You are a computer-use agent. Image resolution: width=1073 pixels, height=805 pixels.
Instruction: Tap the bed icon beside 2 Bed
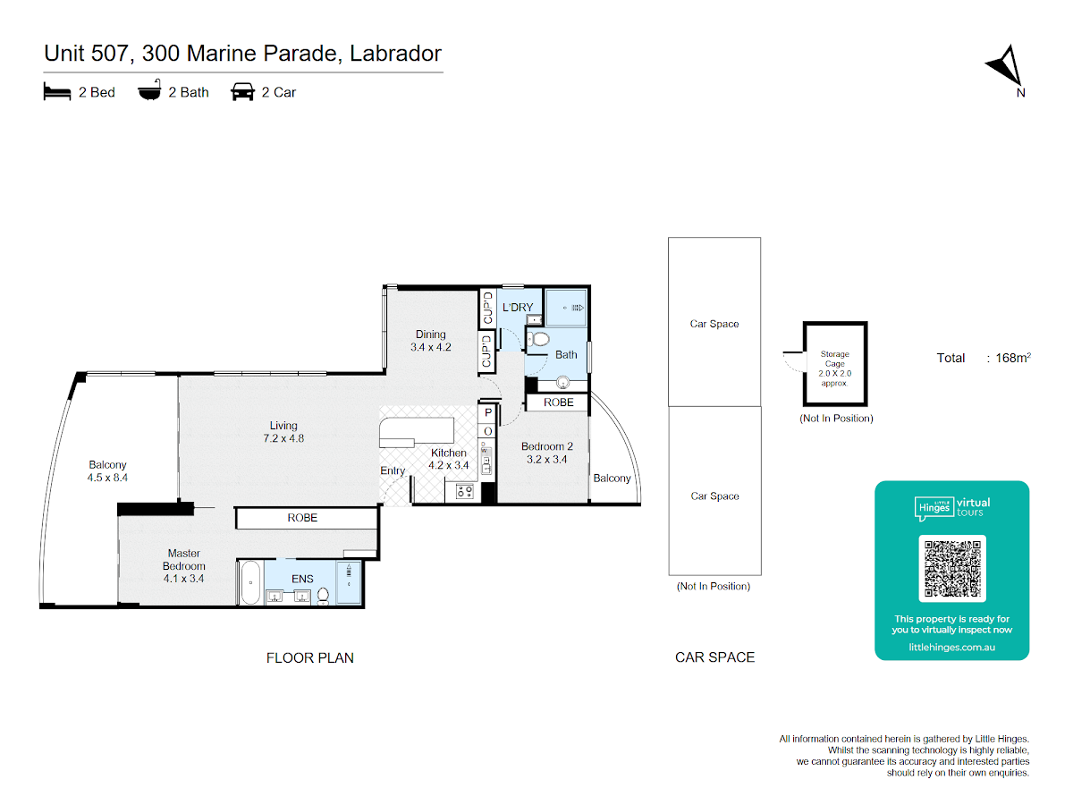coord(56,91)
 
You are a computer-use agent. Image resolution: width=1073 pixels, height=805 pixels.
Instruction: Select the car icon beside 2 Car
coord(242,91)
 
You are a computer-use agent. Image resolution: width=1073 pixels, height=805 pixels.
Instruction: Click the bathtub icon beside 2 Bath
coord(149,90)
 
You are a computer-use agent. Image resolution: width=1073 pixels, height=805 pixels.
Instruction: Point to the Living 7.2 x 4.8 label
coord(283,432)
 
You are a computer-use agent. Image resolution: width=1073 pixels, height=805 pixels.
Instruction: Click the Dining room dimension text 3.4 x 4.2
coord(430,347)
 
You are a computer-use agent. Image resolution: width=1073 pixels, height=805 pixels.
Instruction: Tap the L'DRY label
coord(517,308)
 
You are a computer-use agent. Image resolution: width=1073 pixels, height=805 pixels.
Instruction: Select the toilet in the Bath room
coord(537,339)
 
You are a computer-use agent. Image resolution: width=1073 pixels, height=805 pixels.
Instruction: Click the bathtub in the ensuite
coord(250,582)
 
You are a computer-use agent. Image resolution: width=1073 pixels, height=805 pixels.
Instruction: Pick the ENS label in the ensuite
coord(302,579)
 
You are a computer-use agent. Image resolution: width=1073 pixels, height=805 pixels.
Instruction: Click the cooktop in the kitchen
coord(464,491)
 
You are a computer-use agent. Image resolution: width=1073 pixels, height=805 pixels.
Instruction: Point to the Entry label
coord(393,470)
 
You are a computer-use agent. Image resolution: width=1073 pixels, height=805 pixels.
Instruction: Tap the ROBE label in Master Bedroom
coord(302,518)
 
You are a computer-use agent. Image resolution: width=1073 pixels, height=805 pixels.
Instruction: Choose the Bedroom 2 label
coord(546,446)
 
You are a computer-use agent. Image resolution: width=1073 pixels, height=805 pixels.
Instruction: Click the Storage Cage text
coord(834,359)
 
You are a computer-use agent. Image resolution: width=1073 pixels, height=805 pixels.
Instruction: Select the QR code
coord(951,568)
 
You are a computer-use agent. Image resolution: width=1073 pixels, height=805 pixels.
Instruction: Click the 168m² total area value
coord(1012,358)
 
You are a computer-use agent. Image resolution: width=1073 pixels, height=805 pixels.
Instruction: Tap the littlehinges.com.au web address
coord(951,647)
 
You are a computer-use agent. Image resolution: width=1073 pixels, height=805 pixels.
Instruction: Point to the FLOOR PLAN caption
coord(310,658)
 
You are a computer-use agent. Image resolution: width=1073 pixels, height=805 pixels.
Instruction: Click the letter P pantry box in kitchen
coord(488,412)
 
